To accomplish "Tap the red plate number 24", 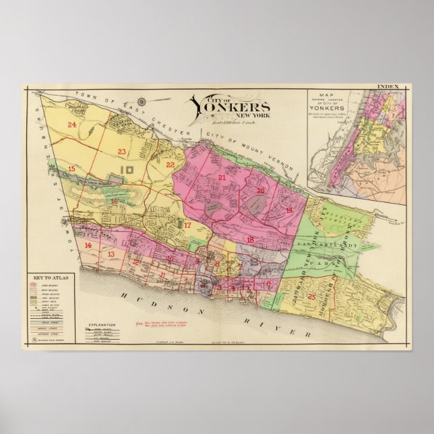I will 71,125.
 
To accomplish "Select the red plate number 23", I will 122,151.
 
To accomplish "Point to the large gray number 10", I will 125,170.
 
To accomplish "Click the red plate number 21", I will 222,177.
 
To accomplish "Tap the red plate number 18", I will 250,240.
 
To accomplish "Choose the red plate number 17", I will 188,225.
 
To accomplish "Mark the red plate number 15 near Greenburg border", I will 71,168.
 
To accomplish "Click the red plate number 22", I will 170,164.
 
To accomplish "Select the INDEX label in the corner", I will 389,87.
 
